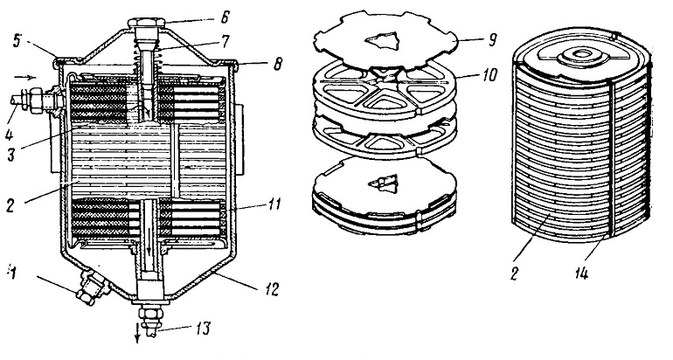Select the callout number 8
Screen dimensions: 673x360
pos(277,64)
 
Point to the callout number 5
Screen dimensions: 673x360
pos(17,43)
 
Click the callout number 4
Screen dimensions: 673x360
pos(10,135)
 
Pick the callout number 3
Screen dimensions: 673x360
pos(11,154)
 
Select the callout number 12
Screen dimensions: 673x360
pos(273,288)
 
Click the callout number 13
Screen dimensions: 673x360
pos(203,329)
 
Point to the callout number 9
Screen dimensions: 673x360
pos(492,40)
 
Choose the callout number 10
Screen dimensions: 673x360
pos(489,74)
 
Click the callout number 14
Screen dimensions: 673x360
pos(580,273)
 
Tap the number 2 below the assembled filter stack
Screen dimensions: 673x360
pos(515,273)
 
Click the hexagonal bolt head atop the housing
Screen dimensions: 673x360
pos(146,22)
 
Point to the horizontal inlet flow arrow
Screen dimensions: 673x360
pos(25,78)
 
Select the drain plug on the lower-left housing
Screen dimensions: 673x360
pos(92,288)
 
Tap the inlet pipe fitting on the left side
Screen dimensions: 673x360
pos(36,100)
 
